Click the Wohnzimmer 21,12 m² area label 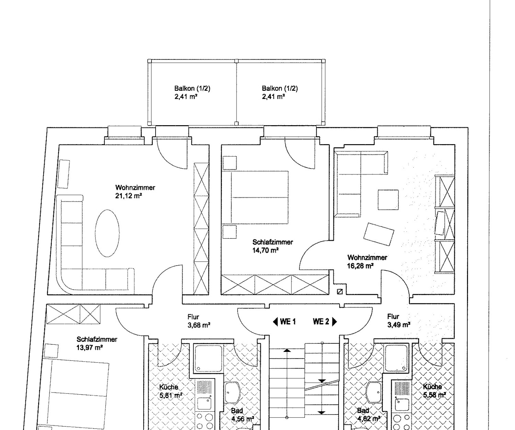[x=135, y=192]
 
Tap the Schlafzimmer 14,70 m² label [x=273, y=246]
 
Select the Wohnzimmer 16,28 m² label [x=367, y=261]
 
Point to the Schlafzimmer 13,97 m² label [x=97, y=343]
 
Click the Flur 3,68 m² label [x=199, y=321]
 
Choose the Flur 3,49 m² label [x=399, y=321]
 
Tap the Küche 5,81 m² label [x=171, y=391]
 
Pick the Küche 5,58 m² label [x=434, y=391]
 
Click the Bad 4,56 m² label [x=242, y=415]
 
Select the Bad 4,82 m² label [x=368, y=415]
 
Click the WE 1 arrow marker [x=275, y=322]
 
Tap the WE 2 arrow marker [x=334, y=322]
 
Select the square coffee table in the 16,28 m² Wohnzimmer [x=388, y=200]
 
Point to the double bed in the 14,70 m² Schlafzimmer [x=255, y=197]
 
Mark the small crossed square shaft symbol [x=340, y=292]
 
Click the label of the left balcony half [x=192, y=92]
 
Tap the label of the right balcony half [x=280, y=92]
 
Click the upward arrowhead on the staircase [x=287, y=350]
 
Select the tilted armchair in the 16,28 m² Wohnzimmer [x=379, y=234]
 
